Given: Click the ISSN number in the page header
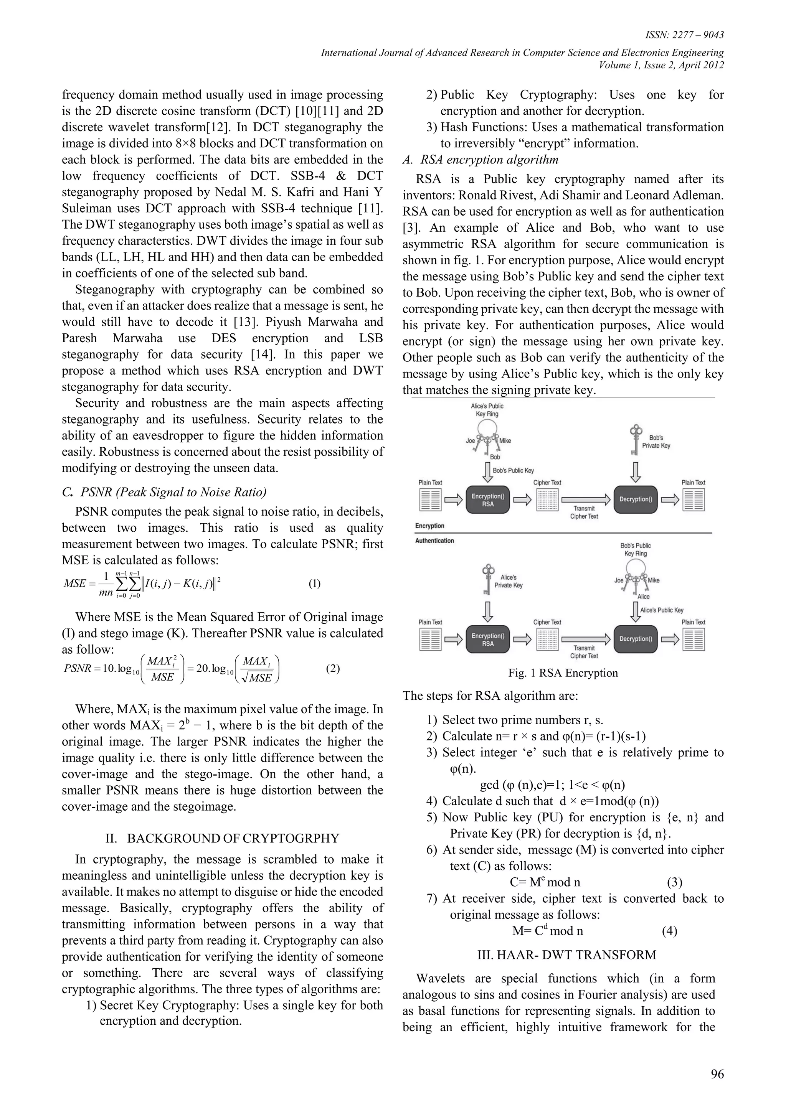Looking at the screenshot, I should [x=684, y=35].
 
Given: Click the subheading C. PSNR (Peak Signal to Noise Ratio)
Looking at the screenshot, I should [x=165, y=492].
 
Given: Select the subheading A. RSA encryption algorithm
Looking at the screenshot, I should [x=481, y=160].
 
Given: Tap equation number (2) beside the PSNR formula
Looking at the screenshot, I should [x=333, y=669].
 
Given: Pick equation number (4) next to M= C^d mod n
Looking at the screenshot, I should [x=669, y=931].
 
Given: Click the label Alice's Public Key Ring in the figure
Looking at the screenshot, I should [x=487, y=410].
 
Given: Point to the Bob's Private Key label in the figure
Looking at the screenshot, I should [x=656, y=441].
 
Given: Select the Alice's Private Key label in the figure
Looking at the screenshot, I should [x=508, y=581].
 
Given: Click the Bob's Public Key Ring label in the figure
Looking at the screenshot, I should [x=636, y=549].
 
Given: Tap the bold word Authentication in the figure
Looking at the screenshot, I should [x=434, y=541].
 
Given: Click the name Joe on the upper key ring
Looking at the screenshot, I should [x=471, y=440].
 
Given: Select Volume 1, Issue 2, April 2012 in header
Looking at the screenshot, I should [x=661, y=65].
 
